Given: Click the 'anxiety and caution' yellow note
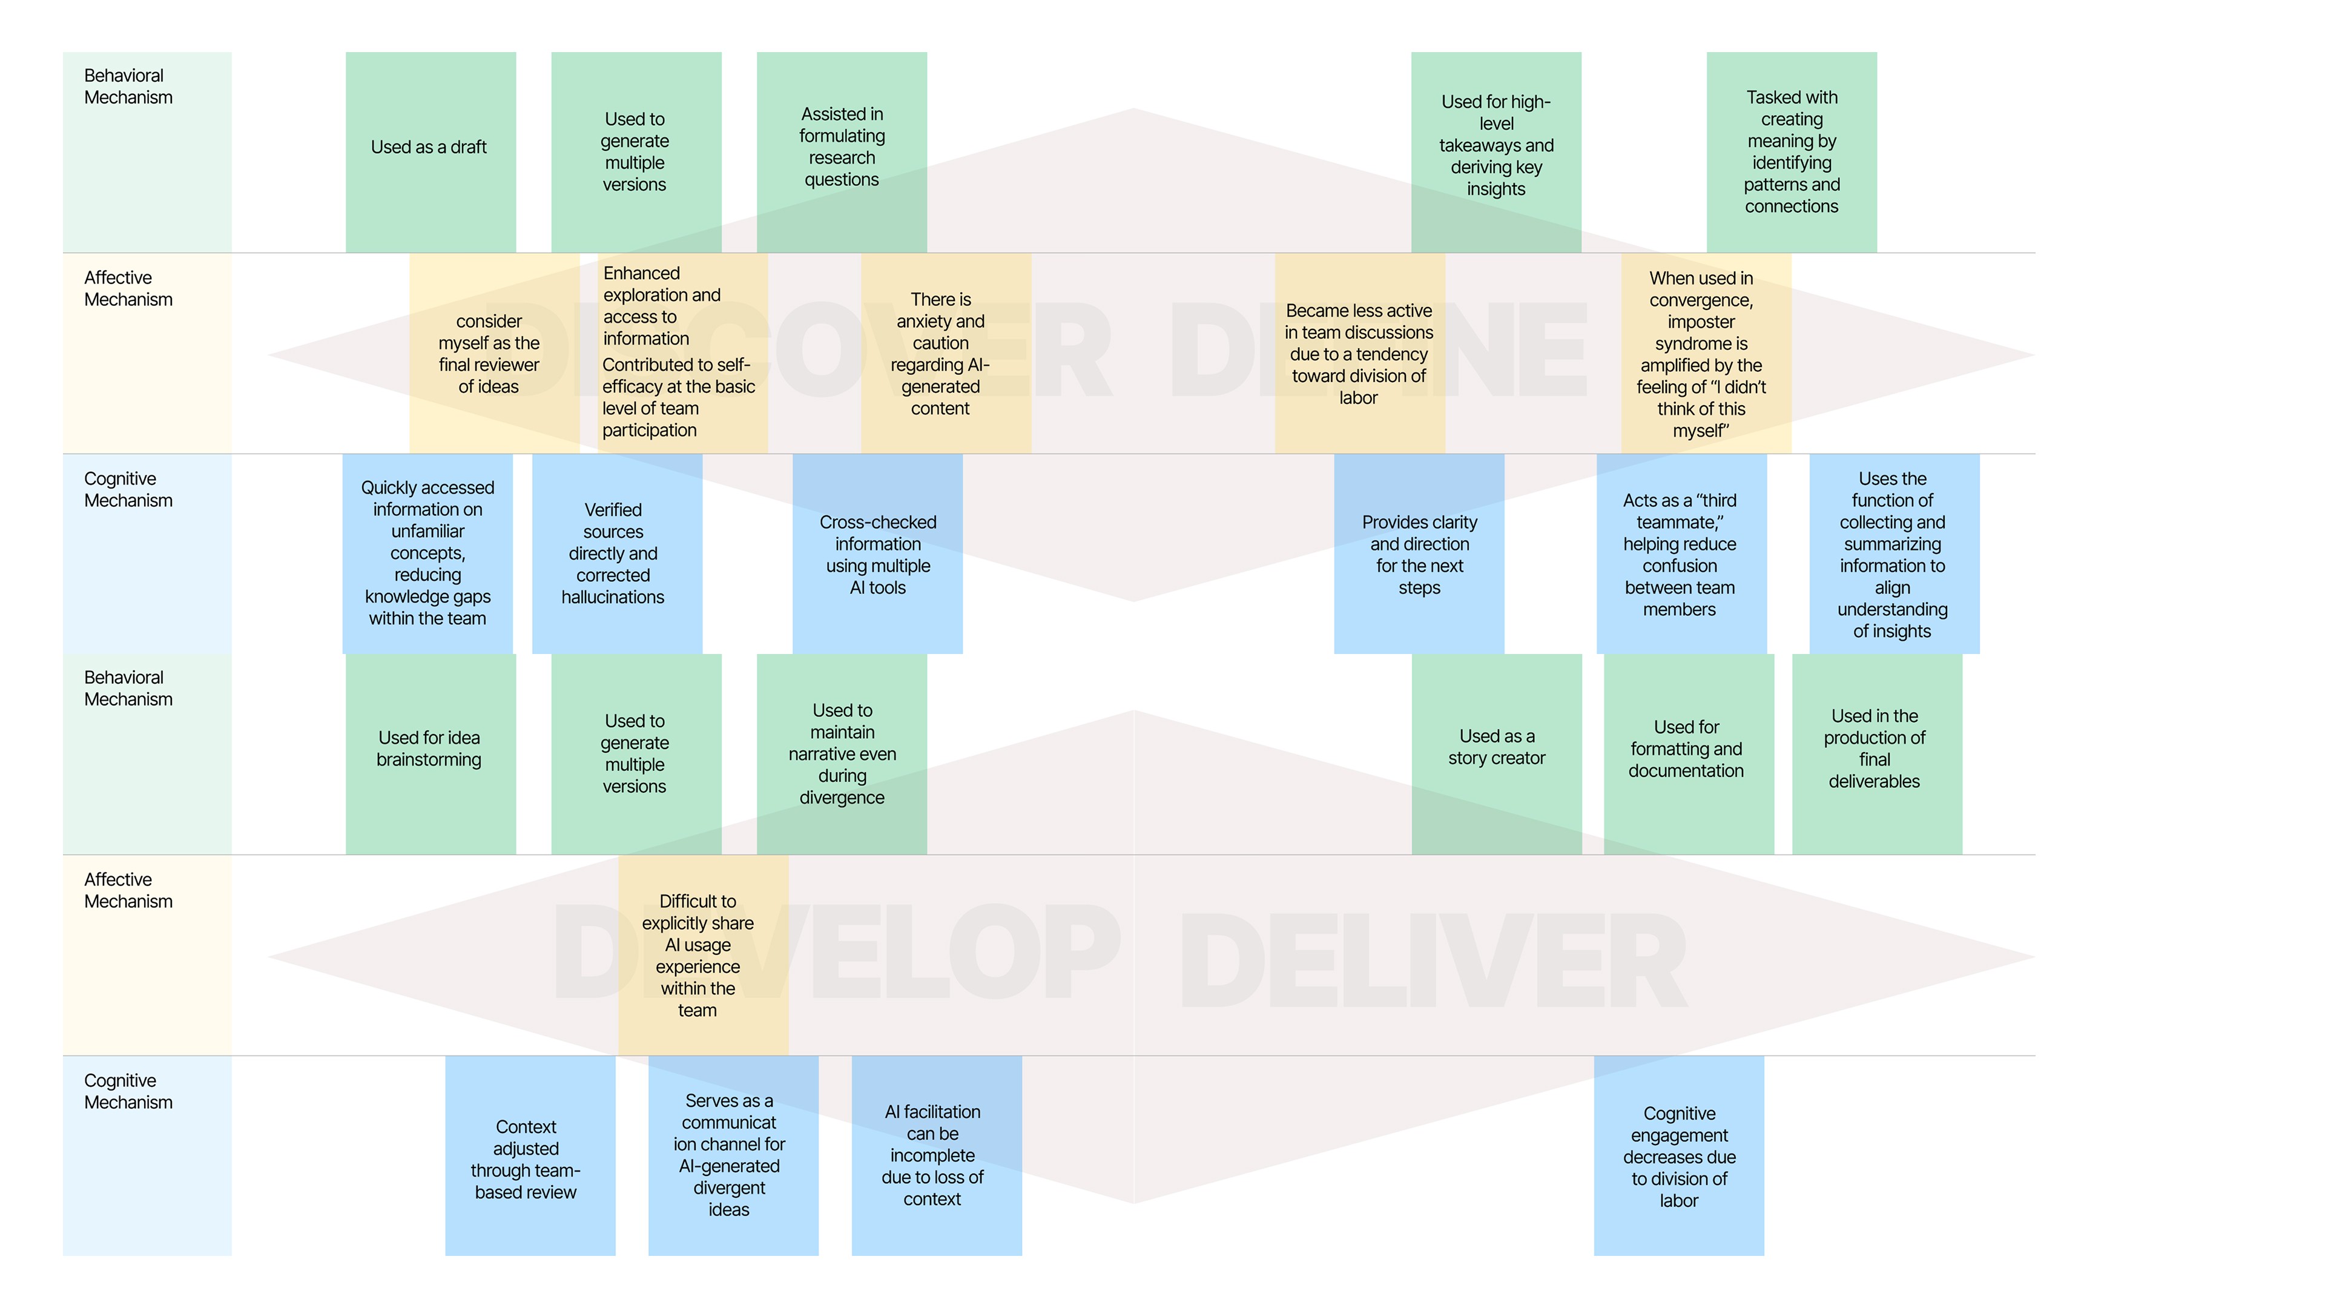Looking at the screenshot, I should [944, 354].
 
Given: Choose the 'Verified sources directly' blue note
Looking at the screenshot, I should [616, 553].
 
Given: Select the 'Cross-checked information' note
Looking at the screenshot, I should [877, 553].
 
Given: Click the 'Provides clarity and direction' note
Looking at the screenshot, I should [1419, 553].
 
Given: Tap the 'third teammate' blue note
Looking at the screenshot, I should [1681, 553].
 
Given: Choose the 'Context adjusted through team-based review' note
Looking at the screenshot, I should [529, 1157].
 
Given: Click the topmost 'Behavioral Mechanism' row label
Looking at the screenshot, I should [128, 87].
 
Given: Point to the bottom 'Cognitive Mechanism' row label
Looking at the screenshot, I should [128, 1091].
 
